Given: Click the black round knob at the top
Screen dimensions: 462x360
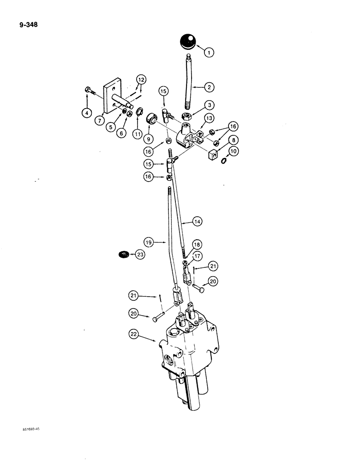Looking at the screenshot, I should coord(187,41).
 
